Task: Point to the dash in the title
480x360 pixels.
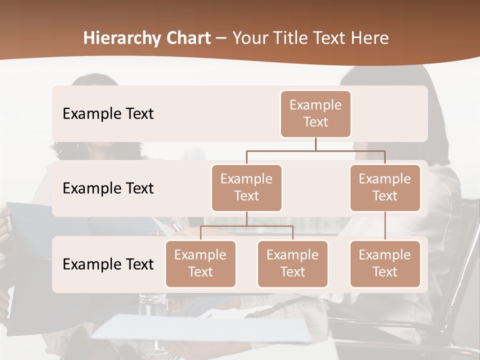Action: [x=221, y=38]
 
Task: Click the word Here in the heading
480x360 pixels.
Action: [x=369, y=38]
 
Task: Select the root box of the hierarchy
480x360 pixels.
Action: [x=315, y=113]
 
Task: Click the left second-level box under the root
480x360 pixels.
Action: [x=246, y=187]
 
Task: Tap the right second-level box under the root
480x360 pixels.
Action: [x=385, y=187]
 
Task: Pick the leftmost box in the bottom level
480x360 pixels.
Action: [x=200, y=263]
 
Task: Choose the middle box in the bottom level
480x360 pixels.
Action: [x=292, y=263]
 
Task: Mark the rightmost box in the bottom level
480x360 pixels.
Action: [x=385, y=263]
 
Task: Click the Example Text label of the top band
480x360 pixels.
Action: [x=108, y=113]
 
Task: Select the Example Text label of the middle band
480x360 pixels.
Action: [x=108, y=188]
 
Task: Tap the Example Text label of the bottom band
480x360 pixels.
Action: [x=108, y=264]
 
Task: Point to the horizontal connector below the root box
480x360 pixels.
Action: [x=315, y=150]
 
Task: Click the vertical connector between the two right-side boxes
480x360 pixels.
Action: [x=385, y=226]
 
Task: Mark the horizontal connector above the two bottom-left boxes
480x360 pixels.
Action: [x=246, y=226]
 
